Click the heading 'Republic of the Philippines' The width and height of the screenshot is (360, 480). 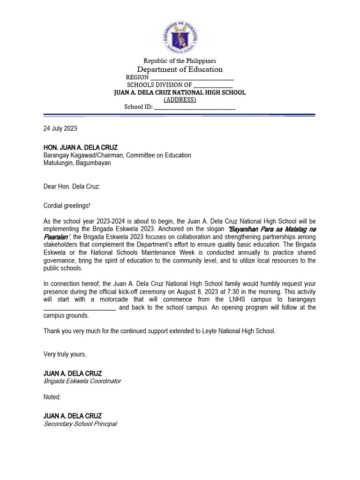click(180, 61)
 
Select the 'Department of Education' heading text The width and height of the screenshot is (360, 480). click(180, 69)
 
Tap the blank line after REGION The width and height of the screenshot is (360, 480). click(192, 78)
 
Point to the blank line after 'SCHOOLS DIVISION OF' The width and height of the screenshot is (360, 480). click(213, 85)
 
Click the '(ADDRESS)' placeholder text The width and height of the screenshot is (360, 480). click(180, 100)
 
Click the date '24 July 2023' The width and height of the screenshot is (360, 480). click(60, 128)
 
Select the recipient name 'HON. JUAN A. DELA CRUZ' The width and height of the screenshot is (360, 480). click(81, 148)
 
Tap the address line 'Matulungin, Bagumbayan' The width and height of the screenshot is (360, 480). click(77, 163)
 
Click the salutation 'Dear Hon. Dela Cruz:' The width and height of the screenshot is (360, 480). click(72, 186)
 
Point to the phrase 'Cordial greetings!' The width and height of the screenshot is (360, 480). click(67, 205)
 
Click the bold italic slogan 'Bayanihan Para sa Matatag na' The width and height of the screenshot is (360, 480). click(271, 229)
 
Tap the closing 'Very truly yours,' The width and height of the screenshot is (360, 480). click(65, 354)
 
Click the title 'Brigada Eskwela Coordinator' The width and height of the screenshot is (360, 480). click(82, 381)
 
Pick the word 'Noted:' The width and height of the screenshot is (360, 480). click(52, 397)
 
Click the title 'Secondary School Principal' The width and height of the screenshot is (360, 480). click(80, 424)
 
